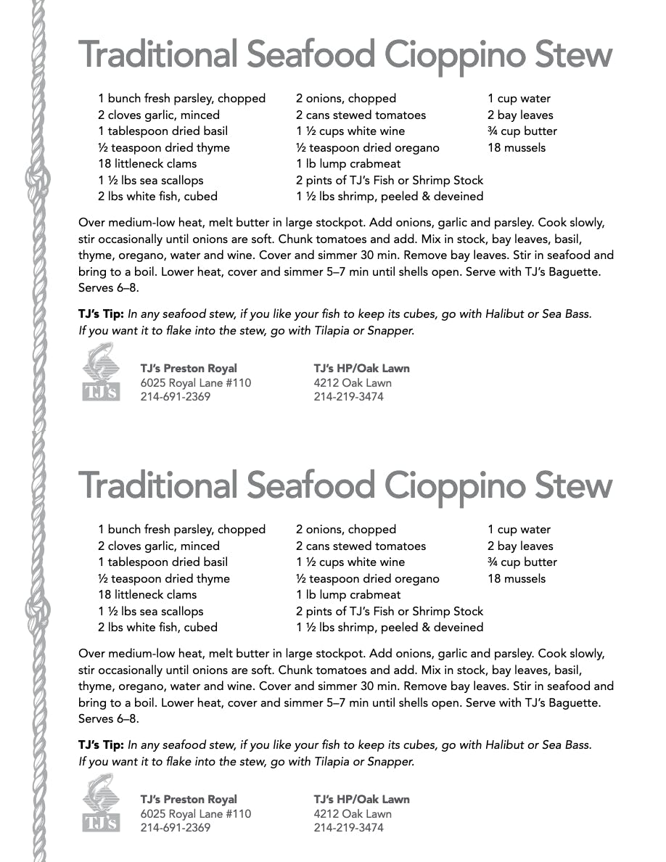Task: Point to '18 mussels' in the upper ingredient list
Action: pyautogui.click(x=517, y=147)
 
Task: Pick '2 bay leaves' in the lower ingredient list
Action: pyautogui.click(x=520, y=546)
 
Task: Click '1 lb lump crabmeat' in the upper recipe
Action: pyautogui.click(x=348, y=164)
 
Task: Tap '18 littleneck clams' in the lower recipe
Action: pyautogui.click(x=147, y=595)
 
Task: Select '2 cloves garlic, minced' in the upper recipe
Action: pyautogui.click(x=159, y=115)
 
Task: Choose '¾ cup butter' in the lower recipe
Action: pyautogui.click(x=522, y=562)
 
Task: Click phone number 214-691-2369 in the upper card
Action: pyautogui.click(x=176, y=397)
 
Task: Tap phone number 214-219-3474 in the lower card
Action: pyautogui.click(x=349, y=828)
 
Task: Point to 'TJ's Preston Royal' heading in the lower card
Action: pyautogui.click(x=189, y=799)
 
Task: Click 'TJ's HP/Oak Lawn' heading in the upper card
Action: pyautogui.click(x=362, y=368)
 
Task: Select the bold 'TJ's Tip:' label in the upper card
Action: pyautogui.click(x=102, y=314)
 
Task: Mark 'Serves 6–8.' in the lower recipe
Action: pyautogui.click(x=108, y=719)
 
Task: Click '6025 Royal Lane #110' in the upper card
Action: pyautogui.click(x=196, y=382)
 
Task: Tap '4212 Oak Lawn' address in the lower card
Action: pyautogui.click(x=353, y=813)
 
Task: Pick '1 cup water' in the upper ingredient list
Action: pyautogui.click(x=519, y=99)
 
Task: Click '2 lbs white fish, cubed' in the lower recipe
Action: pyautogui.click(x=158, y=628)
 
